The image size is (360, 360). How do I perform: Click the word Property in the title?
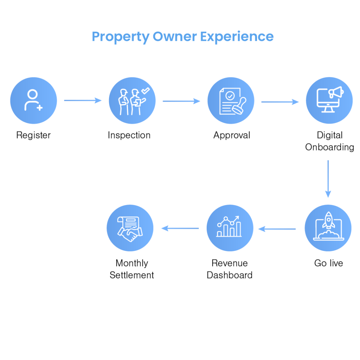121,37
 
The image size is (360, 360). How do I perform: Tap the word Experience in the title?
237,37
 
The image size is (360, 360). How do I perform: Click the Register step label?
33,135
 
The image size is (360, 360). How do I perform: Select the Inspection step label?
129,135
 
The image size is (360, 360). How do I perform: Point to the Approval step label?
232,135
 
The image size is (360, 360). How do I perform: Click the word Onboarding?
329,147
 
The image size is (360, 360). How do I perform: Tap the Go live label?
329,263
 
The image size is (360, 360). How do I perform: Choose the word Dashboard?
230,275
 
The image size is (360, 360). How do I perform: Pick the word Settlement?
132,275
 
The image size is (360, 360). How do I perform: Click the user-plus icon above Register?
33,100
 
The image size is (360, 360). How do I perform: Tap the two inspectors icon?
134,101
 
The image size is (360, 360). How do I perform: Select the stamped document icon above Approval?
232,101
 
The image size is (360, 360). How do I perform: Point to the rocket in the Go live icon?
329,220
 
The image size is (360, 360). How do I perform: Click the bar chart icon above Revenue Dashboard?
229,226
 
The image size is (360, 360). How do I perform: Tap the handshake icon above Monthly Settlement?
130,229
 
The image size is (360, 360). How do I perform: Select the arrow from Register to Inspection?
83,100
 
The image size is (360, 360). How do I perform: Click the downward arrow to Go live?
328,179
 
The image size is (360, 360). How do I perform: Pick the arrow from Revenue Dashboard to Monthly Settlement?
180,228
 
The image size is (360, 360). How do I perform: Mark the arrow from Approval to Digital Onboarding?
280,102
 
